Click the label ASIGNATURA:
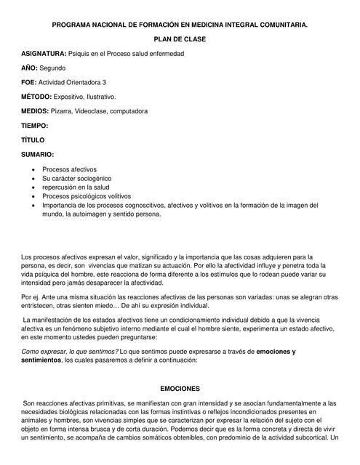44,54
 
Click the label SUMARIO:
38,154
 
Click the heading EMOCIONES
180,389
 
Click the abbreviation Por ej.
31,305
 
